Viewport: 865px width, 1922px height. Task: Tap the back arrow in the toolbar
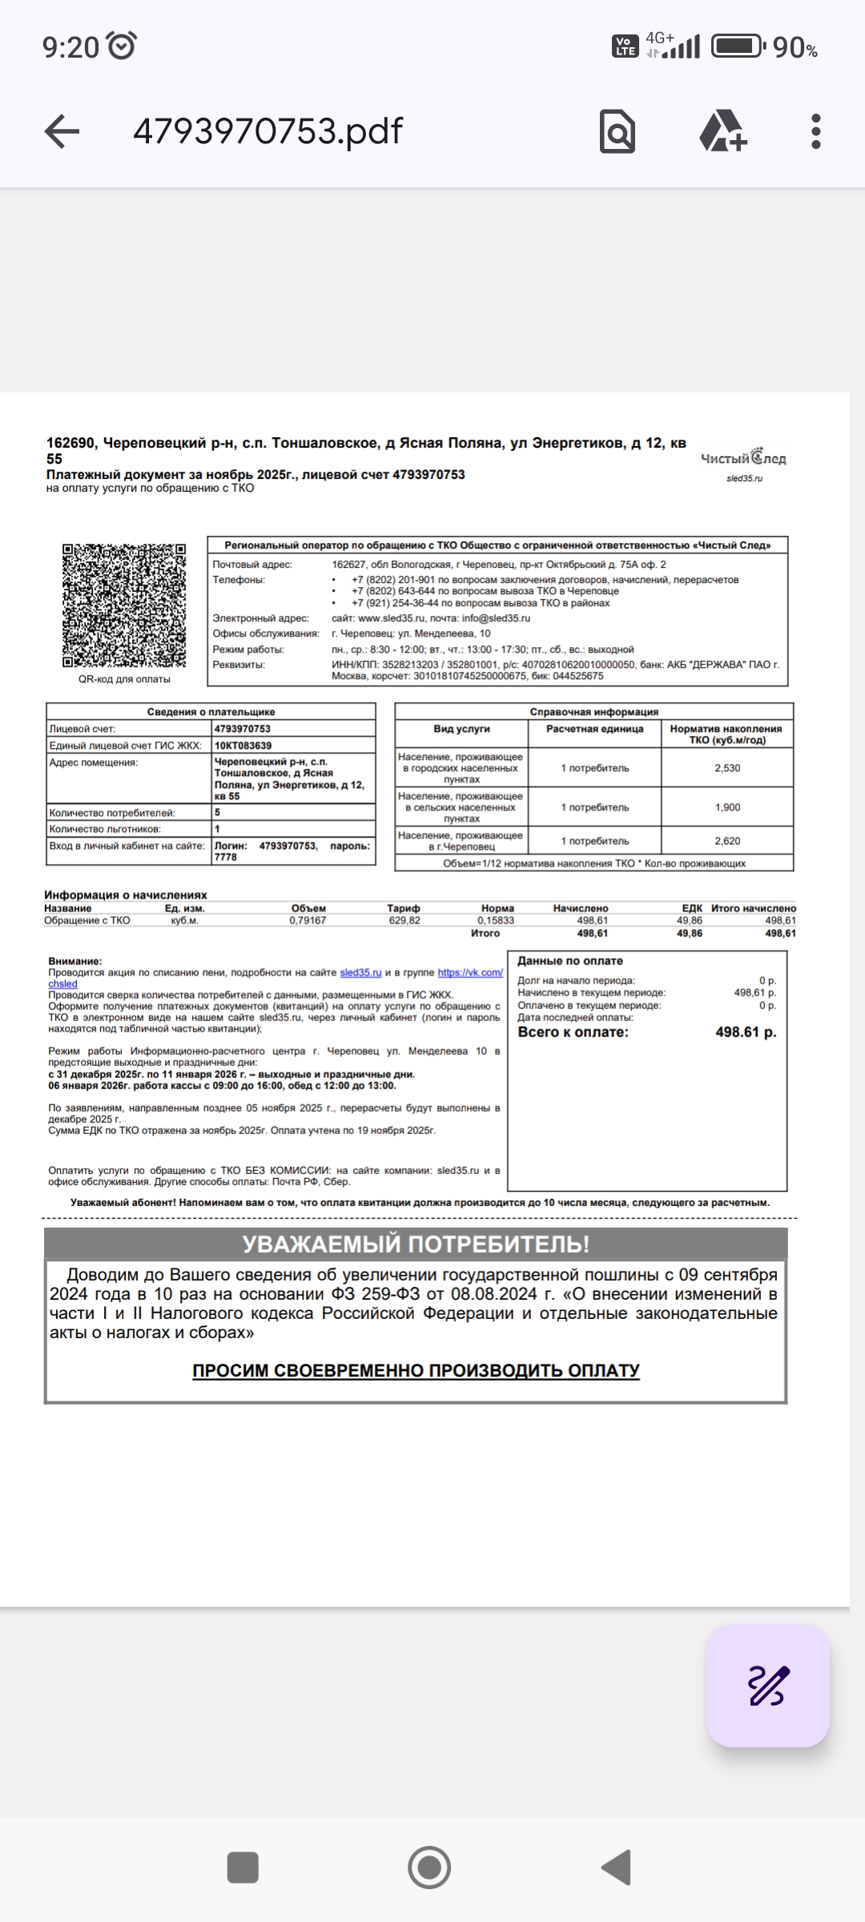[62, 131]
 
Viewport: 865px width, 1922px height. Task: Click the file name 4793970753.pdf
[268, 131]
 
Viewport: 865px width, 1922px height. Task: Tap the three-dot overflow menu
[815, 131]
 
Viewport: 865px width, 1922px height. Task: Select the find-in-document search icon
[617, 131]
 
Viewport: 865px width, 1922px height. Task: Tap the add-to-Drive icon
[722, 131]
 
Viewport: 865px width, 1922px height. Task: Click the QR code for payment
[124, 605]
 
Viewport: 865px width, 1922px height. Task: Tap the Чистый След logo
[743, 459]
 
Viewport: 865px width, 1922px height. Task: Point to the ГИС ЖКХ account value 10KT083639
[243, 746]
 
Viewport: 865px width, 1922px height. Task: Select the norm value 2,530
[727, 768]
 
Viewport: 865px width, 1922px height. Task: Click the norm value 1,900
[727, 807]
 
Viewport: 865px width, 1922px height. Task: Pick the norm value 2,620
[727, 841]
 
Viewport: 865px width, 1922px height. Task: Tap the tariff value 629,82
[404, 921]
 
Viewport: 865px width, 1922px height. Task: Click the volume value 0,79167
[308, 921]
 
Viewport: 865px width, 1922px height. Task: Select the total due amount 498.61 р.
[746, 1032]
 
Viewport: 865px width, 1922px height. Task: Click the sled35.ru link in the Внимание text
[360, 973]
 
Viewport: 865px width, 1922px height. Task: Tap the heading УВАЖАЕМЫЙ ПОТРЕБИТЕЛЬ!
[416, 1244]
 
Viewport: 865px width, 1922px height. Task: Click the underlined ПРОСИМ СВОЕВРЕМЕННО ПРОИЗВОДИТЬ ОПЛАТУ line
[416, 1370]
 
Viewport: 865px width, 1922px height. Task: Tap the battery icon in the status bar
[737, 47]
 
